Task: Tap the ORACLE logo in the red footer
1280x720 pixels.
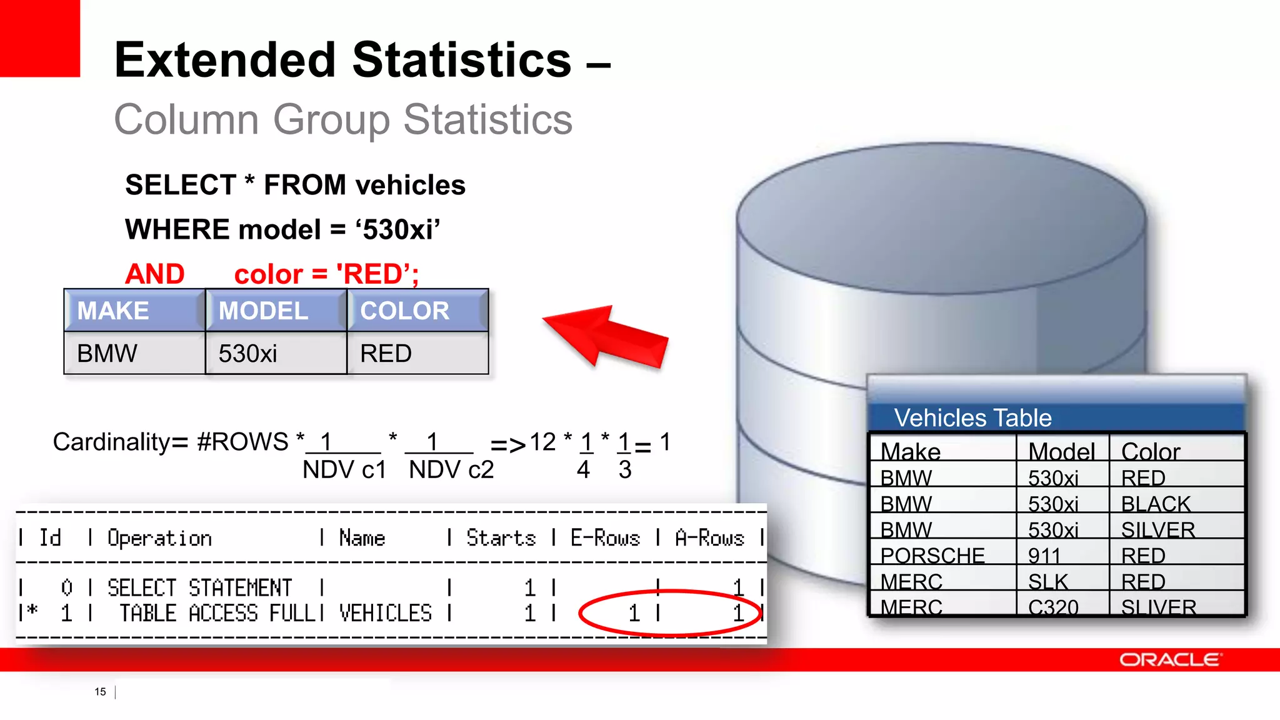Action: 1169,660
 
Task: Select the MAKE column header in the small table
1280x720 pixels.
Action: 113,311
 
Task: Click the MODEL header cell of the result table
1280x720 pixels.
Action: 264,311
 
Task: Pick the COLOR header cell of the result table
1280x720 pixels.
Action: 405,311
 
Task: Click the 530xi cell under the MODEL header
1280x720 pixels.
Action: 248,354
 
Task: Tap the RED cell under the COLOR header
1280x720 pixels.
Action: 386,354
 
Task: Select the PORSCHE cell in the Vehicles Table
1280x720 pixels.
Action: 932,555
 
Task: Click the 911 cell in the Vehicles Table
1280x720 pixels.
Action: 1044,555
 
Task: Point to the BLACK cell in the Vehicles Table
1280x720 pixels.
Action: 1156,504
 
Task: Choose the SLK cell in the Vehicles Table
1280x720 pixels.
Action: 1048,581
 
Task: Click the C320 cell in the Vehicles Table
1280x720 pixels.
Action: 1053,607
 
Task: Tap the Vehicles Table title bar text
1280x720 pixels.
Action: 972,417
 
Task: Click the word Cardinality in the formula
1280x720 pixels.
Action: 111,442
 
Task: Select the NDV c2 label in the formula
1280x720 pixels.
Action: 451,469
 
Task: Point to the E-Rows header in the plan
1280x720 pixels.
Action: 605,537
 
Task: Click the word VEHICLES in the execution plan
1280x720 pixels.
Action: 386,613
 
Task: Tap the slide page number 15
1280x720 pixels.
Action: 100,692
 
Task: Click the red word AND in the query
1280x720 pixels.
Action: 155,274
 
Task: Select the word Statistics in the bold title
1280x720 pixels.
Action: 462,60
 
